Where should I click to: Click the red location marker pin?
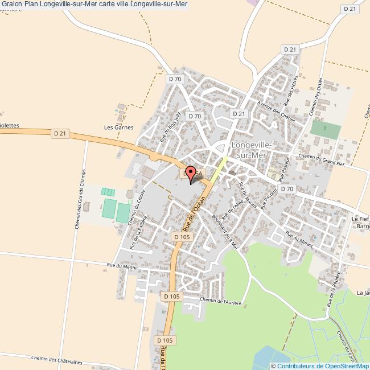191,173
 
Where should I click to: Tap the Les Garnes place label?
118,128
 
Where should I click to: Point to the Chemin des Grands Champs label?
79,199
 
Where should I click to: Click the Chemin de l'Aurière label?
221,300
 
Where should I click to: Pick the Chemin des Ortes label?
315,97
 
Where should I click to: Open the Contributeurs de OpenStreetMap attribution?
319,365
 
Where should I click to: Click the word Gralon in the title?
13,5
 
